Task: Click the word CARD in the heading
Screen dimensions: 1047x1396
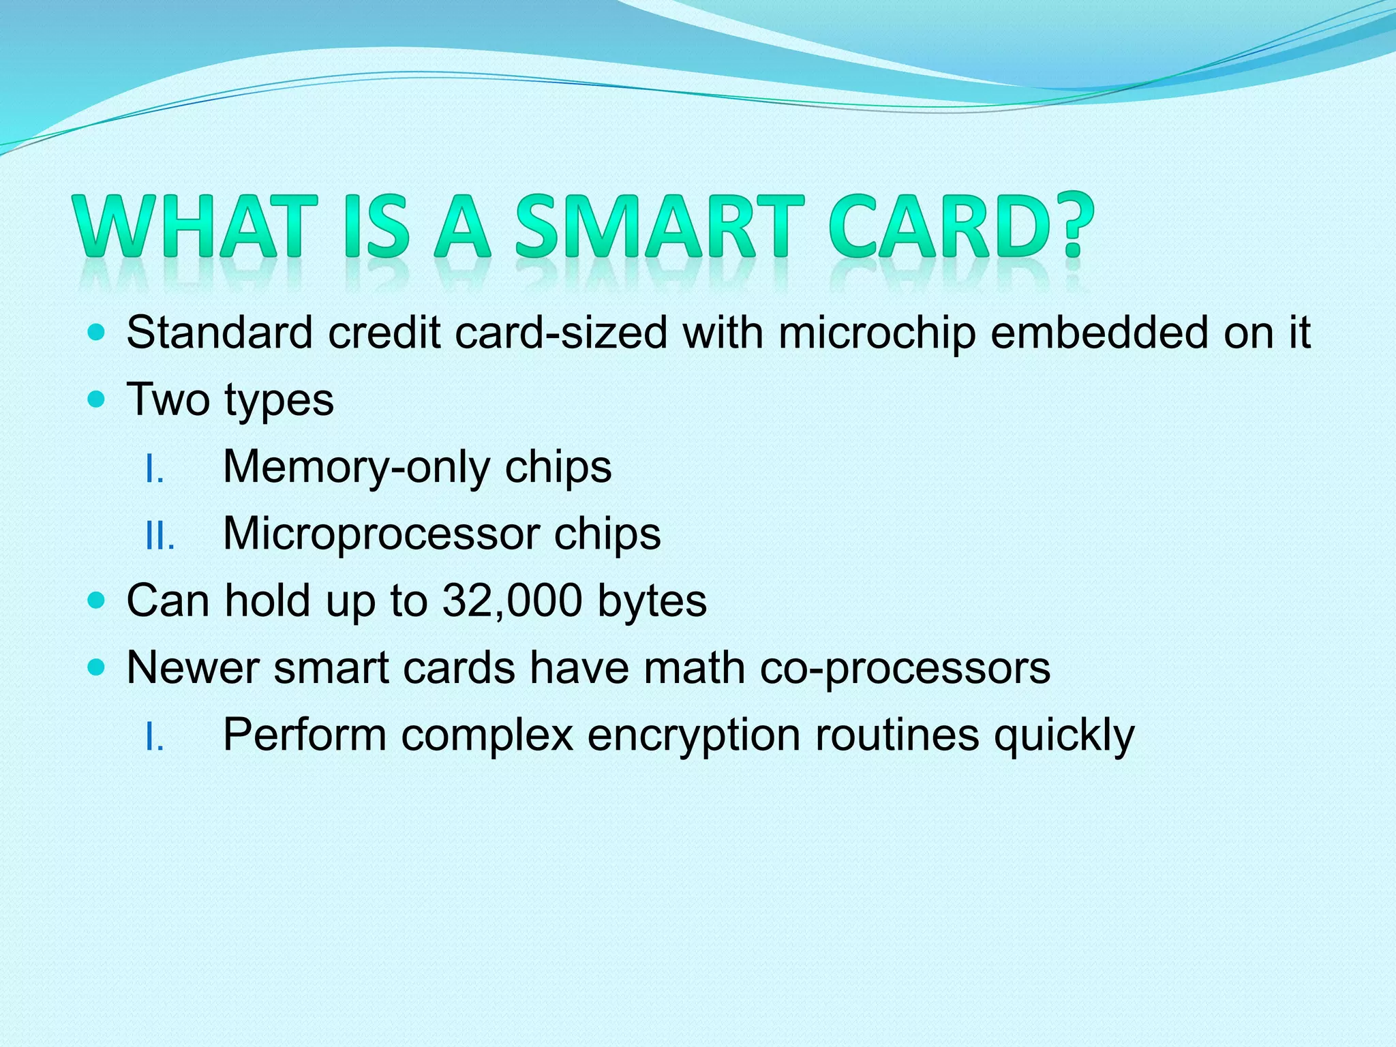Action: coord(941,226)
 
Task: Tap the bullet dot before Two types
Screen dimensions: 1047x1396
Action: coord(97,399)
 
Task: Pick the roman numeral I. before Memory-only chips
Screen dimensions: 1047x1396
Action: coord(155,470)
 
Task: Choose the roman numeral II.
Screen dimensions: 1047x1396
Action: coord(160,537)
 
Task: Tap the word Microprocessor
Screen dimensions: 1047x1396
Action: coord(381,534)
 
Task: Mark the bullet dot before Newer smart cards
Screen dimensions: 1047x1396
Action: coord(97,668)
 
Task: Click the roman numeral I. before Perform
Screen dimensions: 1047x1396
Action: coord(155,738)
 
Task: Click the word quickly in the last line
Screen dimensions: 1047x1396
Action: coord(1064,736)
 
